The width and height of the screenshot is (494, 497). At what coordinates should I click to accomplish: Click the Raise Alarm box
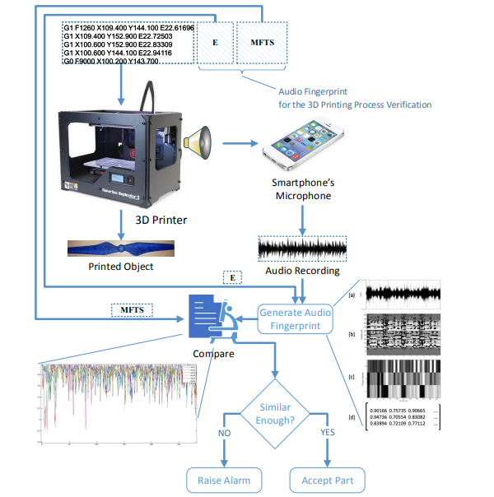coord(224,479)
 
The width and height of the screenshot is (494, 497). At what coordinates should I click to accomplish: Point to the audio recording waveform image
coord(303,249)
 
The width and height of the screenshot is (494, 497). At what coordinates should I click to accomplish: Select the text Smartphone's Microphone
coord(301,189)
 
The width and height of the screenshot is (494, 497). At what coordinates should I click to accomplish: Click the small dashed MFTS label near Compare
coord(133,310)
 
